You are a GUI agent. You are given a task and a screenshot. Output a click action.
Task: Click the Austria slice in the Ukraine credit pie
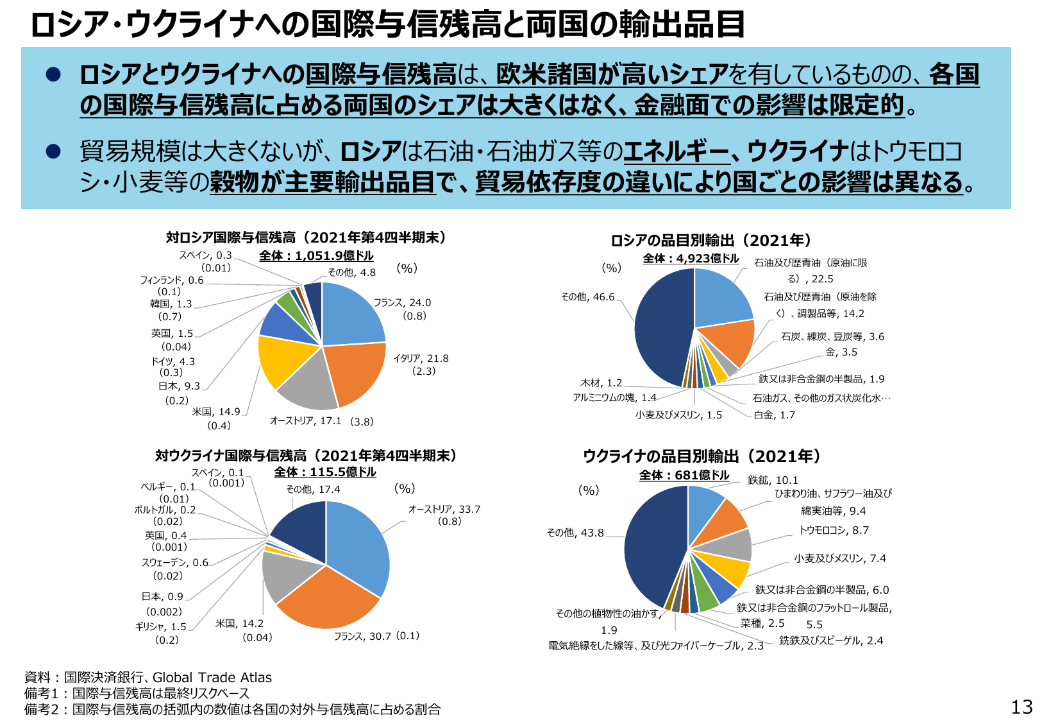tap(359, 546)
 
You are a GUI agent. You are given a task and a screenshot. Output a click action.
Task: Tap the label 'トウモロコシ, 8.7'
tap(834, 531)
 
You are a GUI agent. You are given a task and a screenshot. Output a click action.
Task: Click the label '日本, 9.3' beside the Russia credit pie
tap(179, 386)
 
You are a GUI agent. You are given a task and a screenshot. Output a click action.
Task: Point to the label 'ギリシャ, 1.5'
tap(160, 627)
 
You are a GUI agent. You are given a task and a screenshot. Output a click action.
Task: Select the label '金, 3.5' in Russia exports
tap(841, 352)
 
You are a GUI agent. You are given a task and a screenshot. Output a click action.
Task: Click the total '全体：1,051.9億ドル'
tap(316, 256)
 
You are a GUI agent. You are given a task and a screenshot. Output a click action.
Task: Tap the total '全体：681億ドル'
tap(684, 476)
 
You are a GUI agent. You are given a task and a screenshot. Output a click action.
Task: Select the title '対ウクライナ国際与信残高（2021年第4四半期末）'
tap(306, 456)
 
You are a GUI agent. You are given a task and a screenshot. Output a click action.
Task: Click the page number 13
tap(1021, 707)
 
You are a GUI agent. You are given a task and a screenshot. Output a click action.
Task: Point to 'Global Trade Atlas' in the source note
tap(212, 678)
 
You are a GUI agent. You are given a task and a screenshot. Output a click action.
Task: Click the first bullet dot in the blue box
tap(53, 75)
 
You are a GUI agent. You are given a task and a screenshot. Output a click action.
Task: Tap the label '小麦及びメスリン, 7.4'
tap(840, 559)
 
